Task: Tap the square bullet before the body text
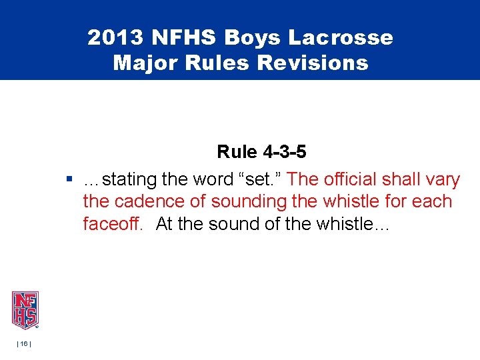(x=69, y=179)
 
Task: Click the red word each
(x=433, y=202)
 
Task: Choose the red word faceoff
(x=112, y=224)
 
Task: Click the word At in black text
(x=164, y=224)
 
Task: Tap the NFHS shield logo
(x=25, y=310)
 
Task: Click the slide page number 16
(x=23, y=343)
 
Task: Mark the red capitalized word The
(x=304, y=179)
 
